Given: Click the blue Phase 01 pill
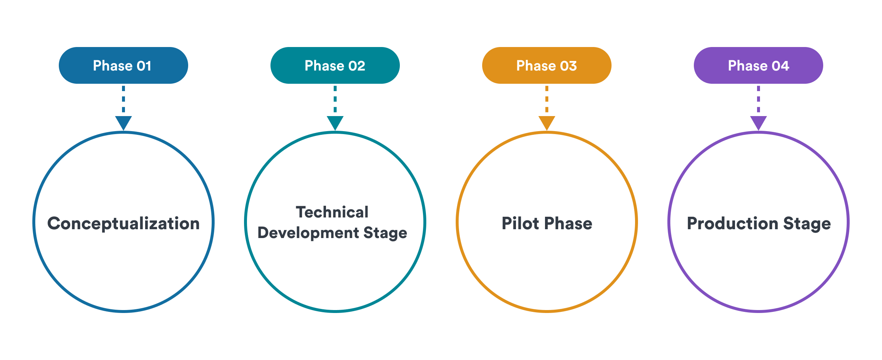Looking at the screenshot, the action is coord(123,65).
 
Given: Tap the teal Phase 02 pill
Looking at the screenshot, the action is coord(335,65).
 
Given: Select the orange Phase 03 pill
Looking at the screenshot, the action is coord(547,65).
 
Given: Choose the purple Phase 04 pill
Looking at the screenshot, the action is coord(759,65).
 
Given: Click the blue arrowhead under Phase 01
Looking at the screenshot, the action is coord(123,123).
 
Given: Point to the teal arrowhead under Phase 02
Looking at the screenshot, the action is coord(335,123).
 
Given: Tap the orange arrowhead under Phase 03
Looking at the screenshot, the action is coord(547,123).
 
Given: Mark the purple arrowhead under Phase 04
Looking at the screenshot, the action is coord(759,123).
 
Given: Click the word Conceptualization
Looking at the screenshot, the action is coord(123,224).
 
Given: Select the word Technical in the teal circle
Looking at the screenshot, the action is coord(332,212).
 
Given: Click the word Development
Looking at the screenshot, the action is coord(308,233).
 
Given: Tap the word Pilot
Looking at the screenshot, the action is coord(520,223).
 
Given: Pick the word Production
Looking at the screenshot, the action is coord(733,223).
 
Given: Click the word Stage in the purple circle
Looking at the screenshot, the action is coord(807,224).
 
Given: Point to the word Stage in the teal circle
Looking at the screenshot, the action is coord(385,234).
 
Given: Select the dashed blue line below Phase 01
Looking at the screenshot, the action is coord(123,99).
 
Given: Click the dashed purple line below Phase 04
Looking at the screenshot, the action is coord(759,99).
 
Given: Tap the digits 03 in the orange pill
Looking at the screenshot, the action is coord(568,66).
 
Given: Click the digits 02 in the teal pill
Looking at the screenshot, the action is coord(356,66).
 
